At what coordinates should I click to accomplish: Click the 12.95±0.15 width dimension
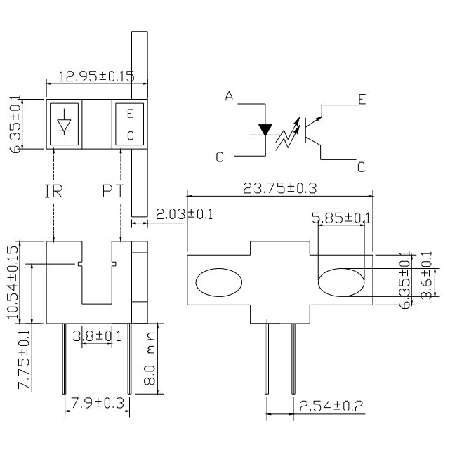(96, 77)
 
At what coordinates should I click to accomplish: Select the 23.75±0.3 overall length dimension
(280, 189)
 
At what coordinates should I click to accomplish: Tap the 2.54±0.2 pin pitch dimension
(331, 406)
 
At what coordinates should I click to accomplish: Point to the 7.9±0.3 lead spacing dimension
(98, 403)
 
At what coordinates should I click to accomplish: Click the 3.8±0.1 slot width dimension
(97, 336)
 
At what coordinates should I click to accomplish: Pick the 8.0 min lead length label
(150, 359)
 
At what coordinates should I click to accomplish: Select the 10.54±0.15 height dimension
(13, 282)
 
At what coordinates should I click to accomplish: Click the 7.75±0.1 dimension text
(24, 359)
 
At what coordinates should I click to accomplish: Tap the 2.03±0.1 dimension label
(185, 214)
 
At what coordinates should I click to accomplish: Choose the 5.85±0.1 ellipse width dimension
(341, 218)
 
